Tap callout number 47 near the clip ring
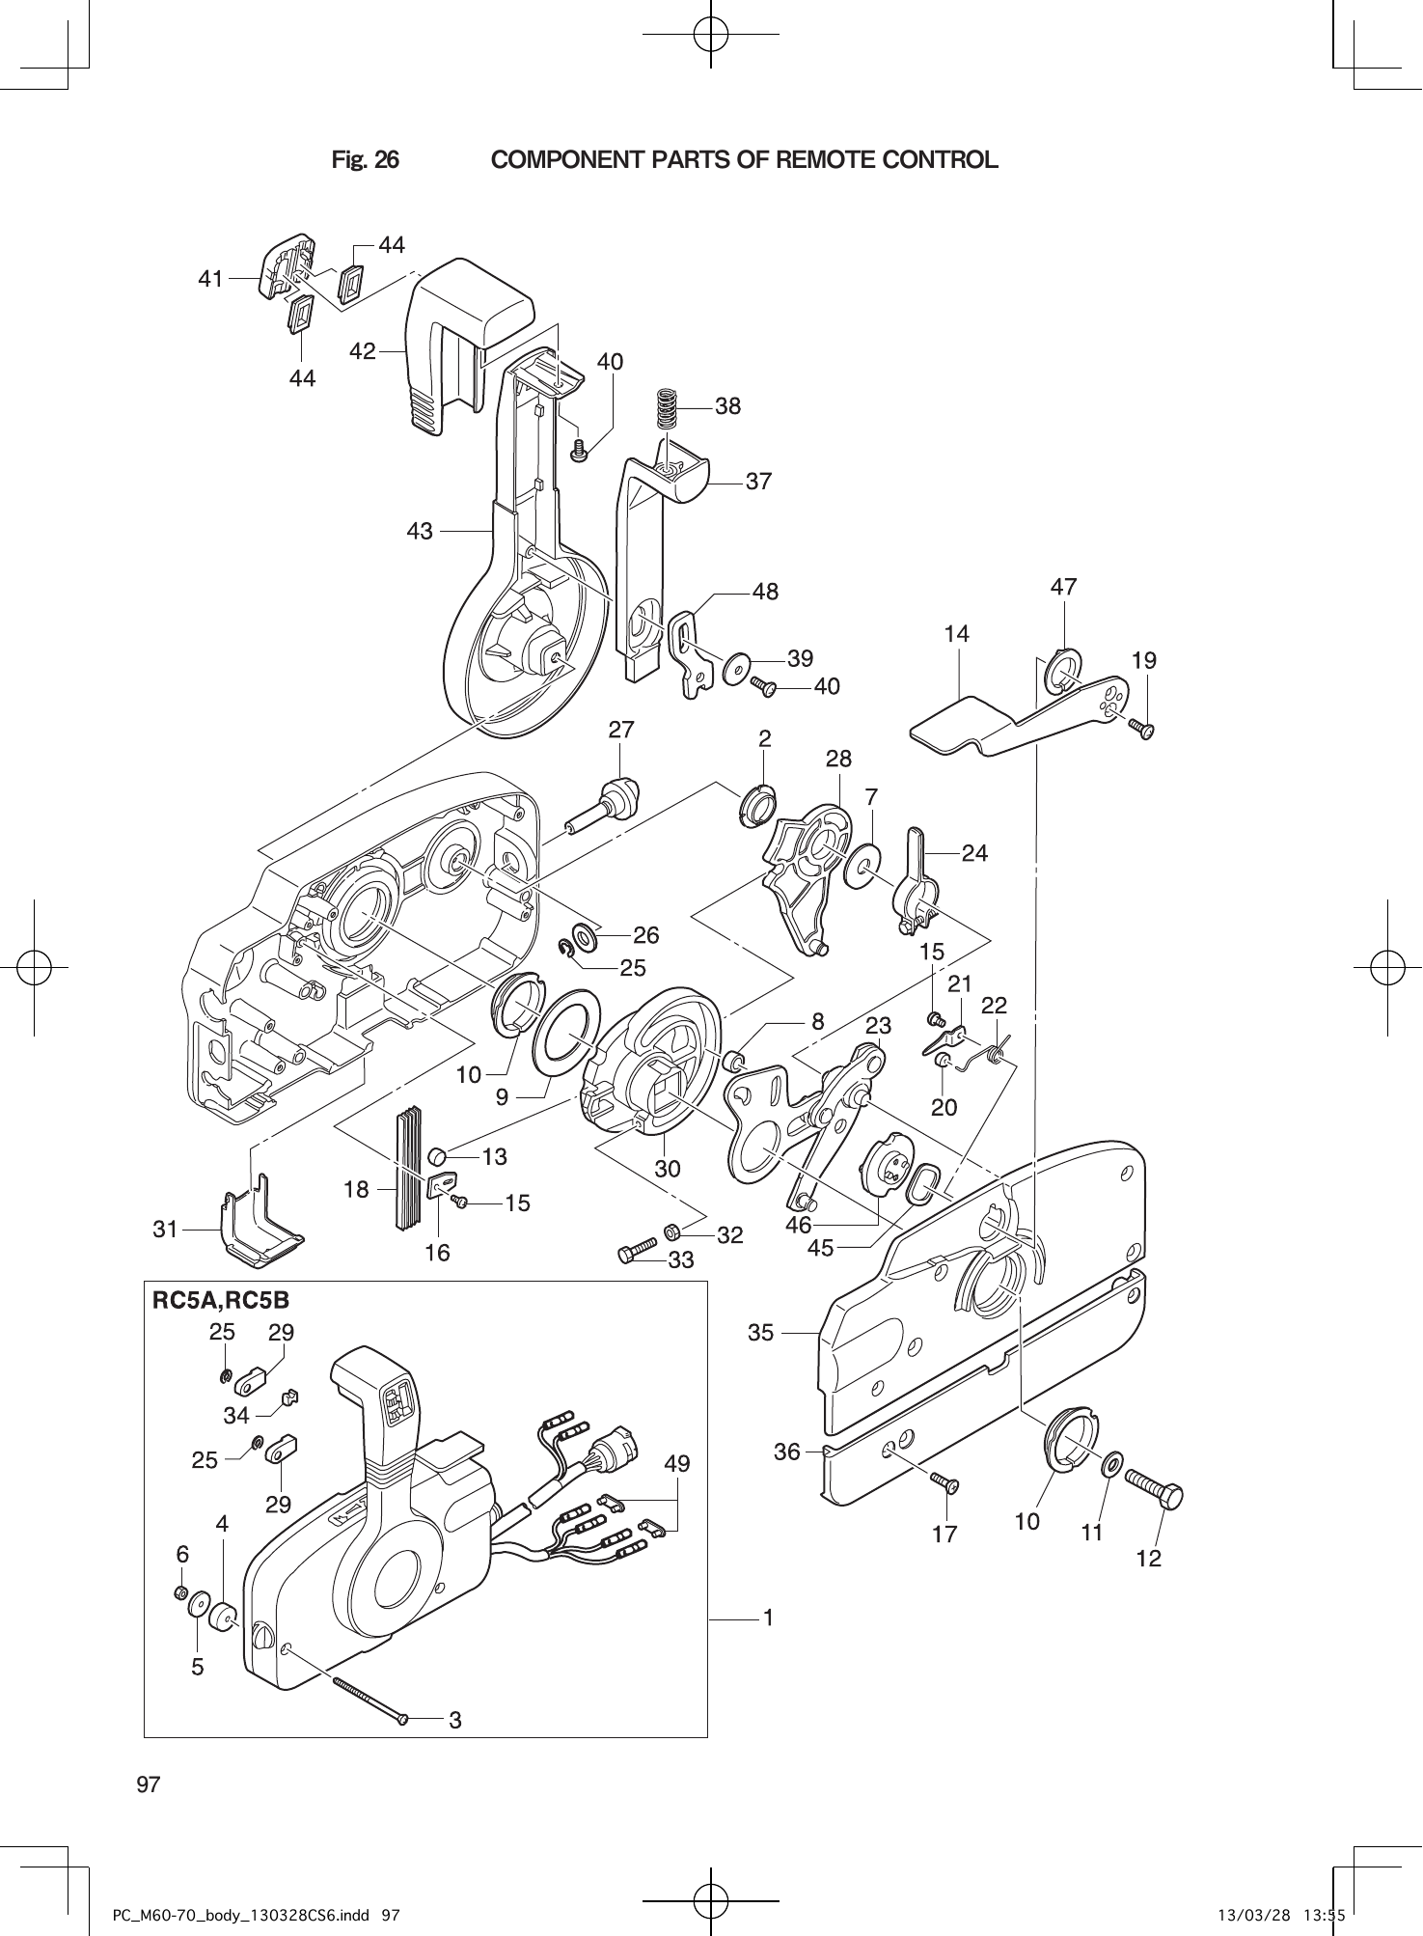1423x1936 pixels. coord(1063,587)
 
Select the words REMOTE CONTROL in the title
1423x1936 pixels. coord(888,160)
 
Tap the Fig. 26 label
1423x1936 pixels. coord(365,160)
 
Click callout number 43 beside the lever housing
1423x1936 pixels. coord(420,531)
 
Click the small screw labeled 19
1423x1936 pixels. coord(1145,731)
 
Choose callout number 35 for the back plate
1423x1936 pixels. coord(760,1333)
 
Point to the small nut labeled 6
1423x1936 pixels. coord(180,1592)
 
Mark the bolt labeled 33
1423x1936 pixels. coord(637,1253)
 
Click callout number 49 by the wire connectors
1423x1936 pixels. coord(677,1464)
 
